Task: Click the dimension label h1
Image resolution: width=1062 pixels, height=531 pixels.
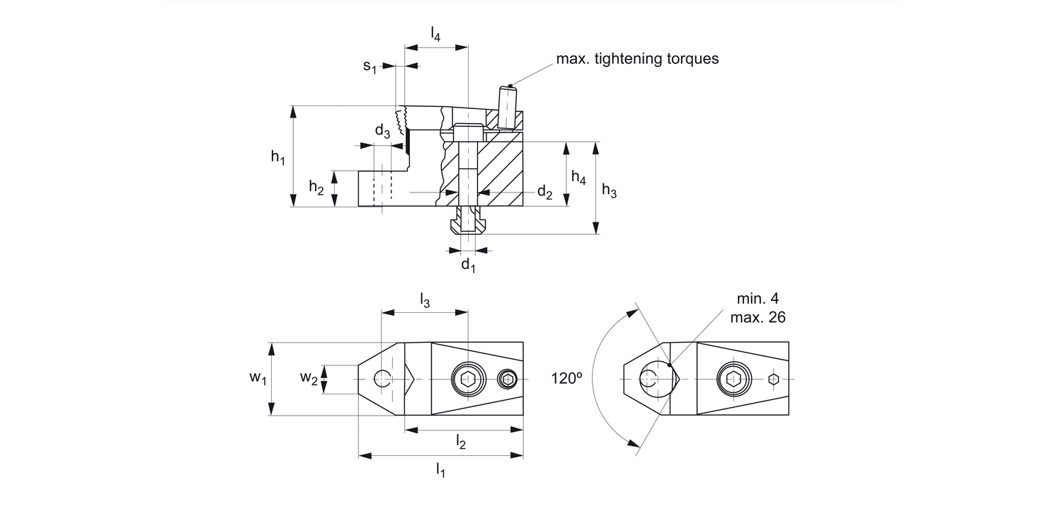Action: click(x=278, y=158)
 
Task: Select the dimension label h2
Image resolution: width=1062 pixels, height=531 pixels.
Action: click(x=316, y=188)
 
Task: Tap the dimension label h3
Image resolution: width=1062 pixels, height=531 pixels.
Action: click(x=609, y=190)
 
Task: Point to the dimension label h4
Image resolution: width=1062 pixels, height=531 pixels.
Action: click(x=578, y=178)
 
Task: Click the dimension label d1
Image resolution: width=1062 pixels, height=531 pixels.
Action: click(x=468, y=265)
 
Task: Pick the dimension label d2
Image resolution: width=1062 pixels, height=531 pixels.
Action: click(x=544, y=192)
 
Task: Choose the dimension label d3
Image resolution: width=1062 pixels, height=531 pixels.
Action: click(x=382, y=132)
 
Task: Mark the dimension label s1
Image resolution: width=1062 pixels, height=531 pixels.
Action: click(x=370, y=67)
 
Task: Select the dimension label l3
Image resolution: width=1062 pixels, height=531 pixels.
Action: click(x=424, y=300)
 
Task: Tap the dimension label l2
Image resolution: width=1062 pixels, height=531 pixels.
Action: click(x=461, y=443)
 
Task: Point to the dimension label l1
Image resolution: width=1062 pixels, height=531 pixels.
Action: click(x=440, y=469)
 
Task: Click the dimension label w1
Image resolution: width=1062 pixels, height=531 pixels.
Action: click(x=257, y=379)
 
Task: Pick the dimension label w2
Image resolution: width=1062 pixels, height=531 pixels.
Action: click(x=308, y=379)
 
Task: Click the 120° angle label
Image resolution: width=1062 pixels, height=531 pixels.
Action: click(x=566, y=379)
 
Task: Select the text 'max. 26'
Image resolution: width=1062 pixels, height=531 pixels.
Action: click(x=758, y=317)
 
